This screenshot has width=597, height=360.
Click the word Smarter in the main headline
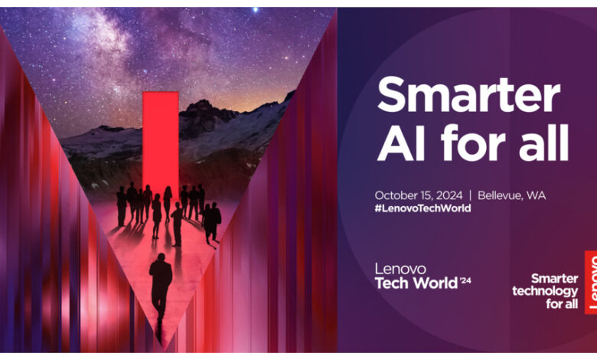click(468, 94)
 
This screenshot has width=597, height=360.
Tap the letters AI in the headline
click(401, 143)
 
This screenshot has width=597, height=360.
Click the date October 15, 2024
click(419, 196)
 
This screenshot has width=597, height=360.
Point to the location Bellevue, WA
click(512, 195)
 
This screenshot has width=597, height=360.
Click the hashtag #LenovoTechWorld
click(422, 208)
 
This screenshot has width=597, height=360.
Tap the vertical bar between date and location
click(470, 195)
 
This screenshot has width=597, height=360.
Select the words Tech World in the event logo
click(416, 283)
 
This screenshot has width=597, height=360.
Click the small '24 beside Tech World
click(465, 281)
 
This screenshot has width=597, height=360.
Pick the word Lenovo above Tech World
click(400, 269)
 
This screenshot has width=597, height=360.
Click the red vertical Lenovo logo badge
click(591, 283)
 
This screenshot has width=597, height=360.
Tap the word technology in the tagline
click(545, 291)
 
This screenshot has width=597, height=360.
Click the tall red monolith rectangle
click(161, 141)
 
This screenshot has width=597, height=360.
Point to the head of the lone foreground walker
click(161, 257)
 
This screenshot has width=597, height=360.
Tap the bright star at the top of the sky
click(255, 9)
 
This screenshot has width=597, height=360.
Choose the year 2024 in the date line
click(449, 196)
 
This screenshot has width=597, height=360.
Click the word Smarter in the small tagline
click(554, 279)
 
